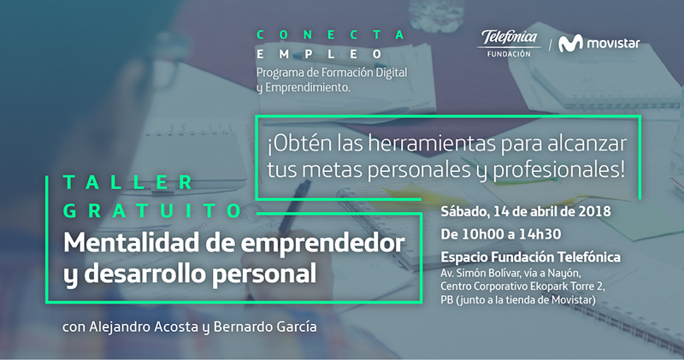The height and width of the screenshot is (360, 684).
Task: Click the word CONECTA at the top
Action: tap(331, 35)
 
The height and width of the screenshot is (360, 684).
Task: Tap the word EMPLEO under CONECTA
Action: tap(319, 54)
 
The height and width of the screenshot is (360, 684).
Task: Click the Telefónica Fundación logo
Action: tap(509, 44)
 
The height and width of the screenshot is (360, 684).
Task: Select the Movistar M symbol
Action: tap(570, 44)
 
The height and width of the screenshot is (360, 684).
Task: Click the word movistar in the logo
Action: tap(613, 44)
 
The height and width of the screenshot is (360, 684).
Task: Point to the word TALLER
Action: tap(128, 182)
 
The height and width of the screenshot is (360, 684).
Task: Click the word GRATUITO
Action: tap(153, 210)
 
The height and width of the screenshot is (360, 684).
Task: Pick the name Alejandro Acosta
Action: tap(144, 327)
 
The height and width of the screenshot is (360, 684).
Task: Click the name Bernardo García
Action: tap(265, 327)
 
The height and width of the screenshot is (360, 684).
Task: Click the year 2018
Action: tap(594, 211)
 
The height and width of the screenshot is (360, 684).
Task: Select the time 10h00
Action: tap(483, 234)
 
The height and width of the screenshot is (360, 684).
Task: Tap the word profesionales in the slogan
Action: tap(559, 170)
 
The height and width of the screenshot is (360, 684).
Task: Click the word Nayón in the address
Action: tap(564, 274)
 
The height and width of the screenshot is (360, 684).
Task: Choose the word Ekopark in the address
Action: tap(548, 287)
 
